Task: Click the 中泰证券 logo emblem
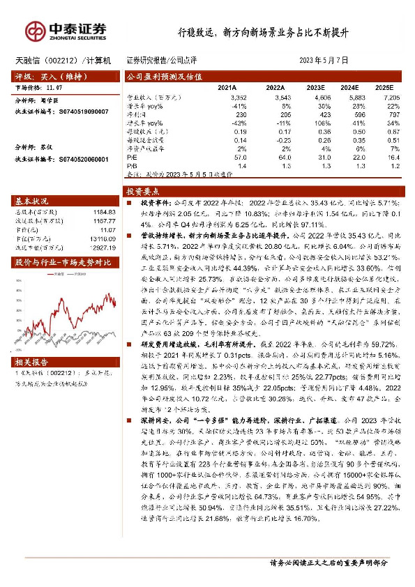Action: (35, 30)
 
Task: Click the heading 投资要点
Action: (143, 190)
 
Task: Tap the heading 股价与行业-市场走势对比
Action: (63, 262)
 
